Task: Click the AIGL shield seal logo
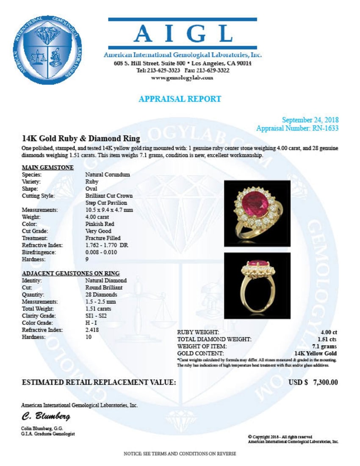50,50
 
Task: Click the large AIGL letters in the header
183,33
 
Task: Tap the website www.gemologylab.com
182,78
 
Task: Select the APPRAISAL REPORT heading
180,99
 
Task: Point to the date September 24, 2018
310,120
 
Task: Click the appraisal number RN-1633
325,128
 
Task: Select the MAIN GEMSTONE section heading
48,167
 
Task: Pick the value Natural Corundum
108,175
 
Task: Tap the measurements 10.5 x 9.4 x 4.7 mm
109,210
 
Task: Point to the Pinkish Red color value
100,224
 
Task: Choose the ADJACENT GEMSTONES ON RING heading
70,273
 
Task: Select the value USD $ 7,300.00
313,383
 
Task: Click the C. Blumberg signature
46,416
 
